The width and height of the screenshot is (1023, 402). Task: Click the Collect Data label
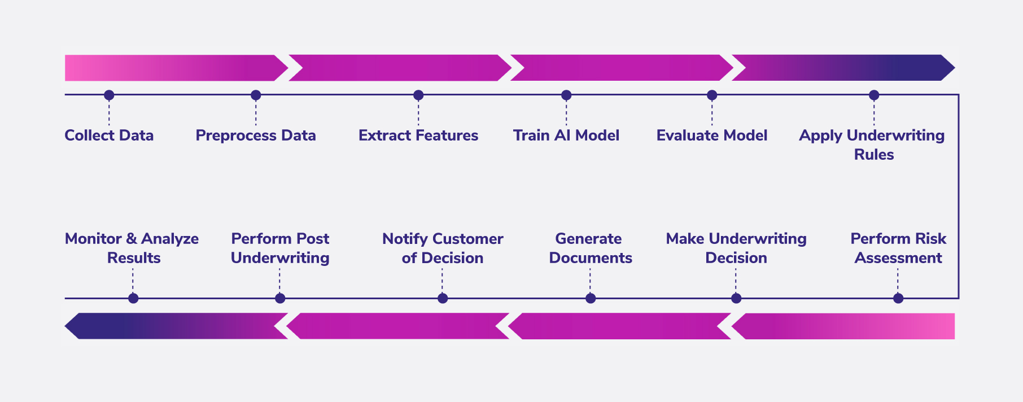pos(109,136)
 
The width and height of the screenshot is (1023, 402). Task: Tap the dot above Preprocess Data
pos(256,95)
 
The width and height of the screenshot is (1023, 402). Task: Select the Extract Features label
pos(418,136)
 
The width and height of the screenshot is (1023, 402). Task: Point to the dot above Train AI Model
pos(566,95)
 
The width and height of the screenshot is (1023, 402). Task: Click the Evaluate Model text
pos(711,136)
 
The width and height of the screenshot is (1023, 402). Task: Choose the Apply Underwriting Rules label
pos(872,144)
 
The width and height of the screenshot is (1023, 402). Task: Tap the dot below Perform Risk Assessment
pos(898,298)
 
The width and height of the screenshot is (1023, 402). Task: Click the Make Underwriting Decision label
pos(736,248)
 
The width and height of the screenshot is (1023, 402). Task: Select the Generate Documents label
pos(590,248)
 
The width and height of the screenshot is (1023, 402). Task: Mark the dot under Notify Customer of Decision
pos(443,298)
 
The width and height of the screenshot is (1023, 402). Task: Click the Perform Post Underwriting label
pos(280,248)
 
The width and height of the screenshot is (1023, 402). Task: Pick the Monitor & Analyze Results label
pos(132,248)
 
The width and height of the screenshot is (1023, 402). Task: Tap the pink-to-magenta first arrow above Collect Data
pos(169,68)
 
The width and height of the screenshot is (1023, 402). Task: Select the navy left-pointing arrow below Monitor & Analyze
pos(169,326)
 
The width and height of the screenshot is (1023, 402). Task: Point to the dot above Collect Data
pos(109,95)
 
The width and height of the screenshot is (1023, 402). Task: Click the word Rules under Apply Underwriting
pos(873,155)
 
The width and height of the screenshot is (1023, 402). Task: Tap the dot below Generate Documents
pos(591,298)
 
